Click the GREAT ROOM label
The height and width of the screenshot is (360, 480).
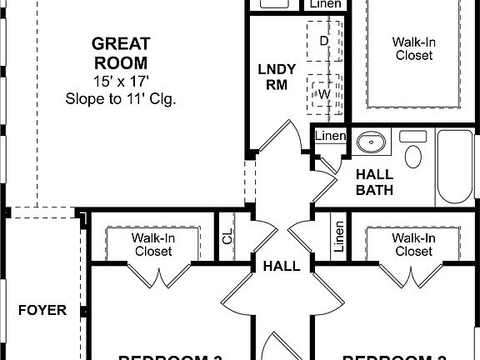click(120, 52)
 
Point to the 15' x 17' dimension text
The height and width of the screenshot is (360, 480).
click(120, 82)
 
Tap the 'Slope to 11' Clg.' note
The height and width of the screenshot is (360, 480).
click(120, 98)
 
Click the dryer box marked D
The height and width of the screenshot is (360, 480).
click(324, 41)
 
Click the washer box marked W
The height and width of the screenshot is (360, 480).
click(324, 93)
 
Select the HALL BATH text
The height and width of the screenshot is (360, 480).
click(373, 182)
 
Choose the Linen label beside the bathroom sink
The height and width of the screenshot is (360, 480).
click(330, 137)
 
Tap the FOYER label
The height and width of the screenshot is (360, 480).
click(42, 310)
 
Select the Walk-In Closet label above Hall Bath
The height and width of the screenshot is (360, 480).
click(413, 48)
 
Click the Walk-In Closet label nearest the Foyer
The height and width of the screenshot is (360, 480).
click(152, 244)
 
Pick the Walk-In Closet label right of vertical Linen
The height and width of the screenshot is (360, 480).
click(413, 244)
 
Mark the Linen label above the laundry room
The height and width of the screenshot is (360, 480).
click(325, 4)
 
